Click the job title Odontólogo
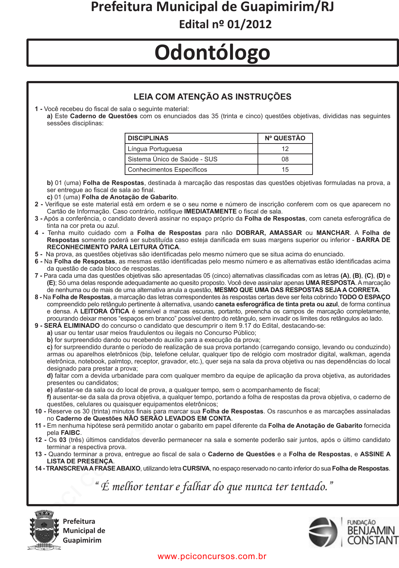[x=212, y=52]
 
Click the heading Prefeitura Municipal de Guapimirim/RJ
[x=212, y=7]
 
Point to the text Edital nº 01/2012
[x=225, y=24]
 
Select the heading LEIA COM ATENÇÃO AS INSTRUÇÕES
[x=212, y=97]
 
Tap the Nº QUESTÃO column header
[x=285, y=138]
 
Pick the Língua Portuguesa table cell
[x=155, y=149]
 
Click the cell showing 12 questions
[x=285, y=149]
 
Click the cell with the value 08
[x=285, y=159]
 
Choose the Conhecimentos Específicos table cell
[x=167, y=170]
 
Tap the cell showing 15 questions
[x=285, y=170]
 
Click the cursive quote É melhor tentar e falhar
[x=214, y=486]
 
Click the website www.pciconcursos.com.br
[x=212, y=556]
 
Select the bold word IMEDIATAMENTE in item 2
[x=210, y=211]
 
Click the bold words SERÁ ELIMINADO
[x=72, y=326]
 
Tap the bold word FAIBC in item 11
[x=70, y=433]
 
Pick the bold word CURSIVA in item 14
[x=196, y=468]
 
